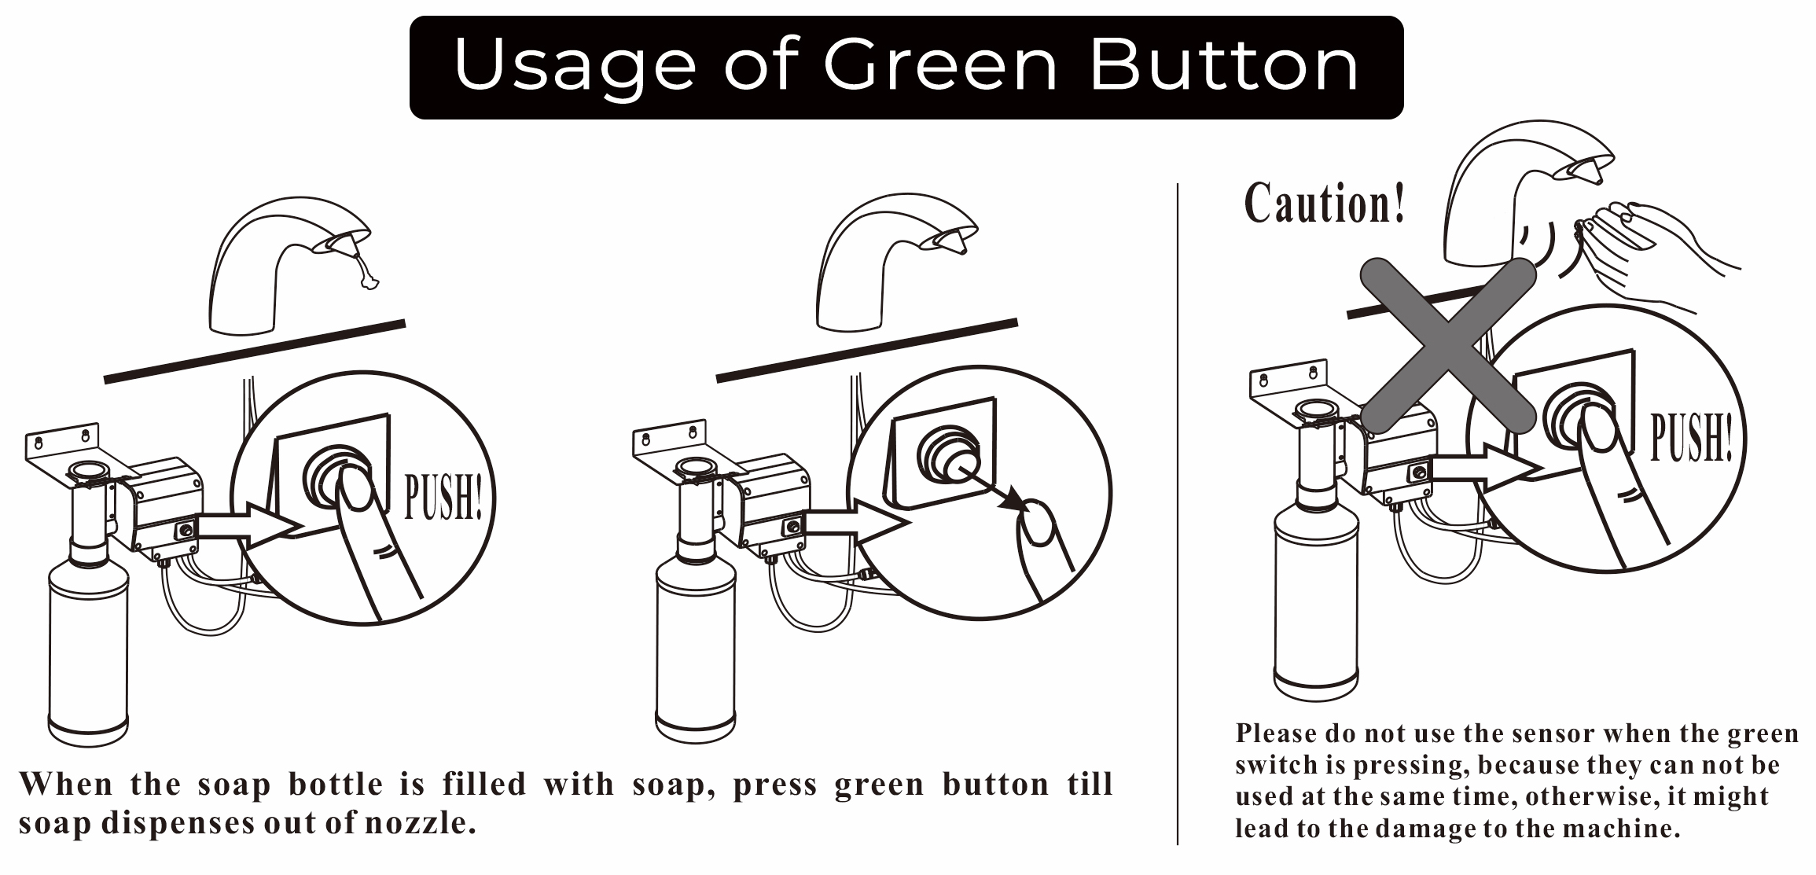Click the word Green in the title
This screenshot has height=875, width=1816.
point(939,65)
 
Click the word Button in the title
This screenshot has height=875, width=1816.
point(1223,65)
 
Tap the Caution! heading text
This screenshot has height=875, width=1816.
point(1324,204)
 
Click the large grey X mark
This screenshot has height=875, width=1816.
point(1447,346)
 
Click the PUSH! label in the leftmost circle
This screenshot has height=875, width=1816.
point(442,498)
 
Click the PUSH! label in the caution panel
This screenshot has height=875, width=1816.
point(1690,437)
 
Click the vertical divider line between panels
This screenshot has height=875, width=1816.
point(1177,511)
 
